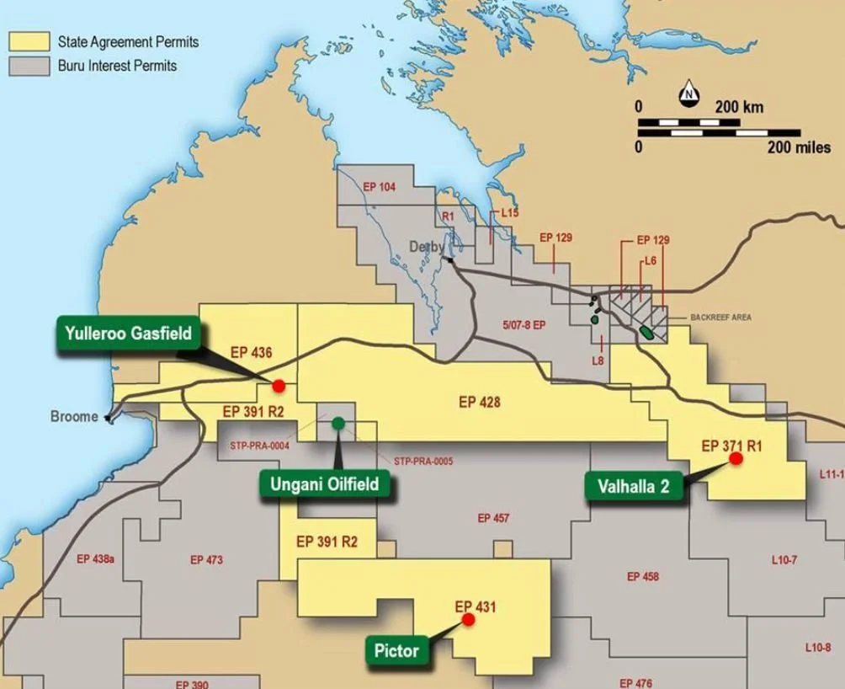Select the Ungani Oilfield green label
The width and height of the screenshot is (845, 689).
coord(324,484)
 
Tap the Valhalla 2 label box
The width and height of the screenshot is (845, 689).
coord(634,486)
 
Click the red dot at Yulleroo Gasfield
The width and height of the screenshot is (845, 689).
coord(279,385)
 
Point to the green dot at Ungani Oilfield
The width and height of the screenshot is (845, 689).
coord(337,423)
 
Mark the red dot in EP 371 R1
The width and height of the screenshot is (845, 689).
coord(736,458)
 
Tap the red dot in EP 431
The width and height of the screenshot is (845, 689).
coord(468,619)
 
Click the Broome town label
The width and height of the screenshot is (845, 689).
coord(74,417)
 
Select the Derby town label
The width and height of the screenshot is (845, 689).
coord(427,247)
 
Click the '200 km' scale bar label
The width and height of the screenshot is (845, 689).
coord(739,108)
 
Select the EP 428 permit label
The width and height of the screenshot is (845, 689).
coord(479,403)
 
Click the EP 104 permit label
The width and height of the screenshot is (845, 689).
coord(379,186)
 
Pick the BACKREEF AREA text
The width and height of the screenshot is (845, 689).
coord(720,318)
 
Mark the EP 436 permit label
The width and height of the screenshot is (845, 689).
coord(251,353)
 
